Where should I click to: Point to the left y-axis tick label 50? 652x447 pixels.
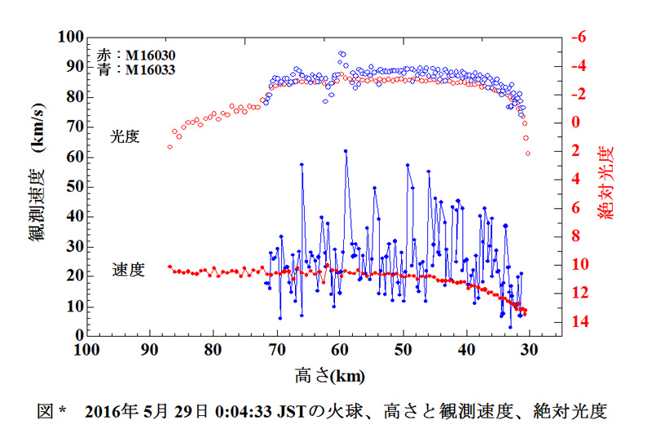coord(73,187)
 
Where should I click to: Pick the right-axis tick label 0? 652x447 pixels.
coord(575,122)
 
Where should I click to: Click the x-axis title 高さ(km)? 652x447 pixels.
coord(329,376)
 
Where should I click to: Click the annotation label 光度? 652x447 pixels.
coord(126,137)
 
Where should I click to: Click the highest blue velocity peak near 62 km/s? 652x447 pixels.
coord(346,151)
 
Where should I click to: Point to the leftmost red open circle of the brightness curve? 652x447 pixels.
coord(170,147)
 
